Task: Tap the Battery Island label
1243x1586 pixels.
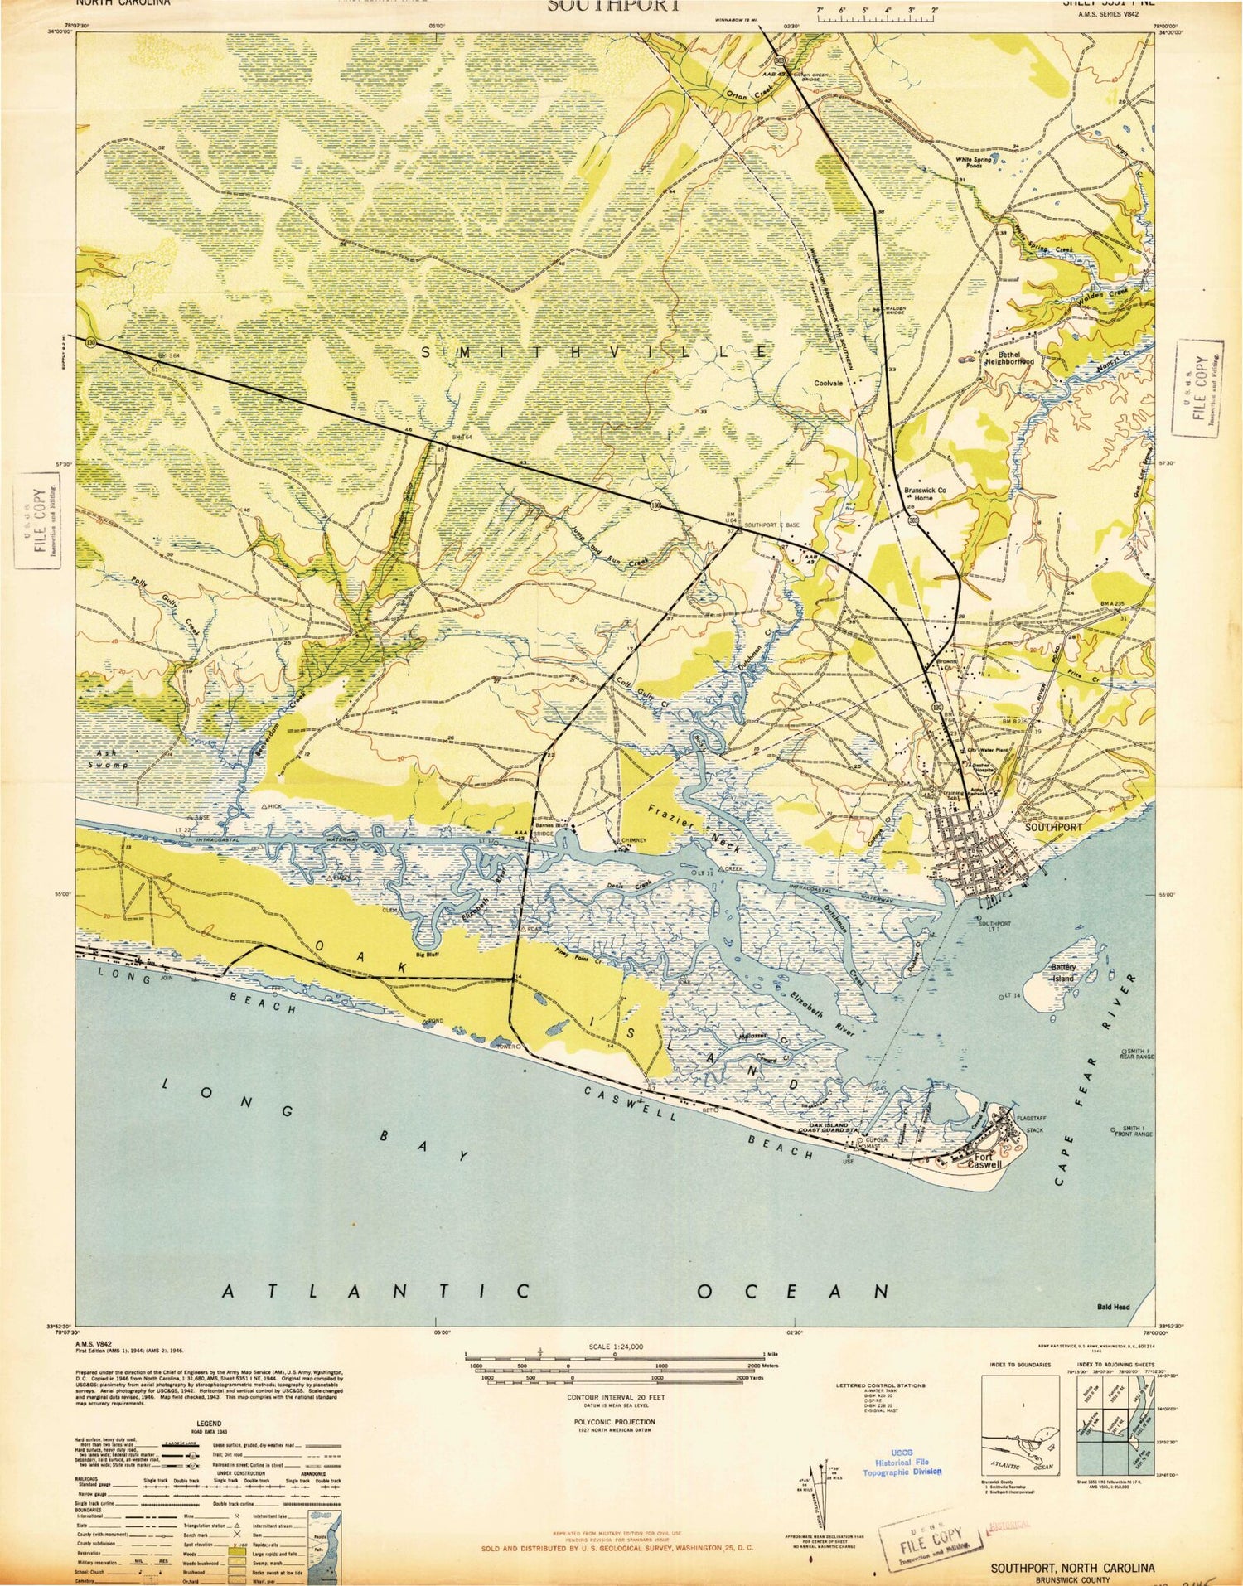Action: (1063, 973)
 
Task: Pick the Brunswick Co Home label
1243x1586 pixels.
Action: (925, 494)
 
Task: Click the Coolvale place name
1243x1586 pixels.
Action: (828, 383)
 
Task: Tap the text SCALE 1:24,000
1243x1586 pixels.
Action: (615, 1347)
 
